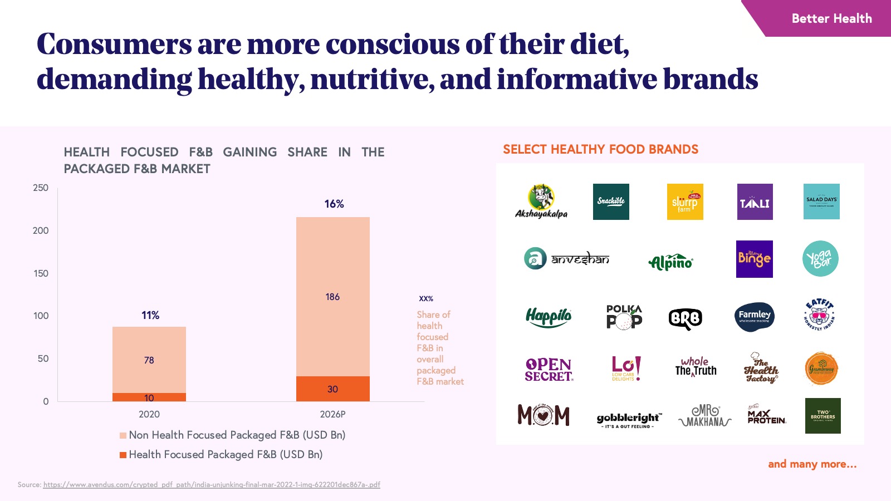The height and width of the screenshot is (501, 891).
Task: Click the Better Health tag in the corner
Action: [x=831, y=18]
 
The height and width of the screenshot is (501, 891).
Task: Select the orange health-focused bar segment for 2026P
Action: [x=332, y=389]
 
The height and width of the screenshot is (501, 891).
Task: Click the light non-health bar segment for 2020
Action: [x=149, y=360]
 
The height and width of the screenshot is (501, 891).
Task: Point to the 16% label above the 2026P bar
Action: [x=334, y=204]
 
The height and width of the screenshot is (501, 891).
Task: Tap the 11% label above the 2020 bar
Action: [x=150, y=316]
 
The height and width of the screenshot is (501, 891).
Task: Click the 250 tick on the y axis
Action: [x=41, y=188]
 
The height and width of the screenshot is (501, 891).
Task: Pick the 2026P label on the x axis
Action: [x=332, y=414]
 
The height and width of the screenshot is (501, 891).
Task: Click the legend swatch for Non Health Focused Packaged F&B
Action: [x=123, y=435]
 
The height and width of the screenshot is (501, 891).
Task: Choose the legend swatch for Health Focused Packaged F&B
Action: [x=123, y=455]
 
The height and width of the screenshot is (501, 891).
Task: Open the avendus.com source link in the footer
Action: [x=212, y=485]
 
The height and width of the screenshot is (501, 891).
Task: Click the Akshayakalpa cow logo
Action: [x=541, y=202]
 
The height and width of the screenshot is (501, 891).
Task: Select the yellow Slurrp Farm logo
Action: [x=685, y=202]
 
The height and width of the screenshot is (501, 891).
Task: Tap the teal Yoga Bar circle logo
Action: [x=820, y=259]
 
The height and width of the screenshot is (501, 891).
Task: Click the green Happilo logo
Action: [x=549, y=317]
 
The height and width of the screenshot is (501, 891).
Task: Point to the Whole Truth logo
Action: [x=696, y=367]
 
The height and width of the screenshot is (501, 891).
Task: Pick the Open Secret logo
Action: [x=549, y=369]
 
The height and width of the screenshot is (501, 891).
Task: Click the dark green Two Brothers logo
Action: [x=823, y=416]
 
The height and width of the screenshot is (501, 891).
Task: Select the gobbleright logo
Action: [x=629, y=419]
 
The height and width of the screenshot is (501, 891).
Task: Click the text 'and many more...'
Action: [x=812, y=464]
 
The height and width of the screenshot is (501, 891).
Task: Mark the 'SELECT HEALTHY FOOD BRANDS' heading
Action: [x=600, y=149]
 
